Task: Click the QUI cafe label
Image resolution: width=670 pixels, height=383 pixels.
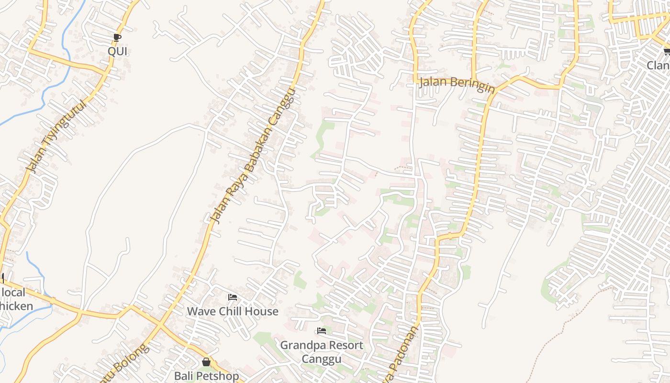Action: pyautogui.click(x=117, y=51)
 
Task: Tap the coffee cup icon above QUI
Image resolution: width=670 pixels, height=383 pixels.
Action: pyautogui.click(x=117, y=37)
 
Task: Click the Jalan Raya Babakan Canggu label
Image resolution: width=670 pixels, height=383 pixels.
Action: pyautogui.click(x=253, y=156)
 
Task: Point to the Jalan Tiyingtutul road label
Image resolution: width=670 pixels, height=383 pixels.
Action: pyautogui.click(x=57, y=136)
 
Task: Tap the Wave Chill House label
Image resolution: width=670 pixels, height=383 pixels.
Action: pyautogui.click(x=233, y=311)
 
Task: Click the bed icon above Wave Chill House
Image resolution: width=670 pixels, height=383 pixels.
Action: pyautogui.click(x=233, y=297)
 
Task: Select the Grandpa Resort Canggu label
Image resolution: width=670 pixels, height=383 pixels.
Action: pyautogui.click(x=322, y=352)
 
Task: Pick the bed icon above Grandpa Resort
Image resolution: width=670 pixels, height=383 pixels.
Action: pyautogui.click(x=322, y=331)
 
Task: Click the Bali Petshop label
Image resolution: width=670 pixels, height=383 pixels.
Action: pyautogui.click(x=206, y=376)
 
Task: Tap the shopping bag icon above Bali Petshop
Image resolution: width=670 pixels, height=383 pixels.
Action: pyautogui.click(x=206, y=362)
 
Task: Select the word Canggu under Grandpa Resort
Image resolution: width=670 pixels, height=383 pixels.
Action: pyautogui.click(x=322, y=359)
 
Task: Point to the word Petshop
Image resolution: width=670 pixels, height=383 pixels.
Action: pyautogui.click(x=218, y=376)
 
